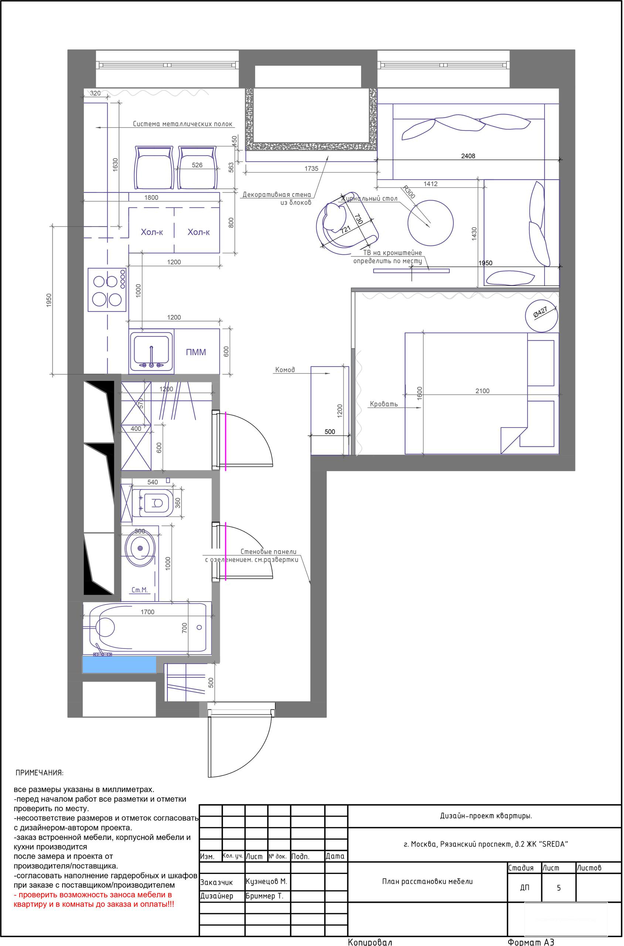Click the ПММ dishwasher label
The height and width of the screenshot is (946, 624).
[x=196, y=352]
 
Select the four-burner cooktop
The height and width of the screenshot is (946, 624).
[x=107, y=290]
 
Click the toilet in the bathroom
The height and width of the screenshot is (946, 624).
[x=153, y=503]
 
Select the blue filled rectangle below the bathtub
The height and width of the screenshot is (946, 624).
[x=119, y=664]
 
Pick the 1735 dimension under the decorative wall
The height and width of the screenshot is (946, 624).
[x=311, y=169]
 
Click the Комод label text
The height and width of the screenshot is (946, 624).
[x=285, y=370]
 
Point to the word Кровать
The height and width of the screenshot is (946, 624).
[x=384, y=404]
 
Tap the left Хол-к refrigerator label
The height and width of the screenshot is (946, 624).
[x=152, y=232]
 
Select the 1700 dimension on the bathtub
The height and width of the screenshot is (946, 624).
[x=147, y=612]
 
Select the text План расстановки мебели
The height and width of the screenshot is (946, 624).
[x=427, y=881]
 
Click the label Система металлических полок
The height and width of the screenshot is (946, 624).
[x=182, y=124]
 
